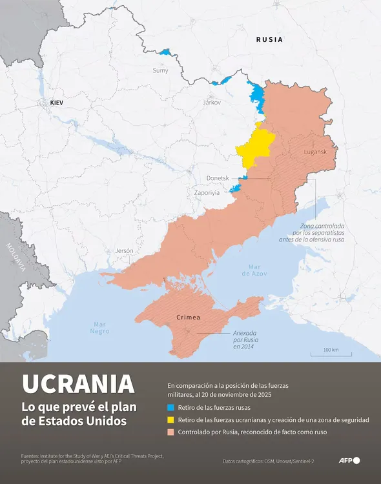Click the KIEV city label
coord(60,103)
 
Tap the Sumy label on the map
coord(160,70)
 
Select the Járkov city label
coord(211,103)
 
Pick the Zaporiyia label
coord(207,192)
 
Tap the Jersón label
coord(124,250)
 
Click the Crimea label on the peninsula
coord(188,318)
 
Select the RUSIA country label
coord(269,39)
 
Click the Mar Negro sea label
coord(99,327)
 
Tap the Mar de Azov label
coord(255,270)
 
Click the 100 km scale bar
coord(331,352)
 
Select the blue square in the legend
coord(170,408)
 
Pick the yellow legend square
coord(170,420)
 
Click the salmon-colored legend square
coord(170,432)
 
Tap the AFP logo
coord(349,461)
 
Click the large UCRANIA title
coord(78,384)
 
